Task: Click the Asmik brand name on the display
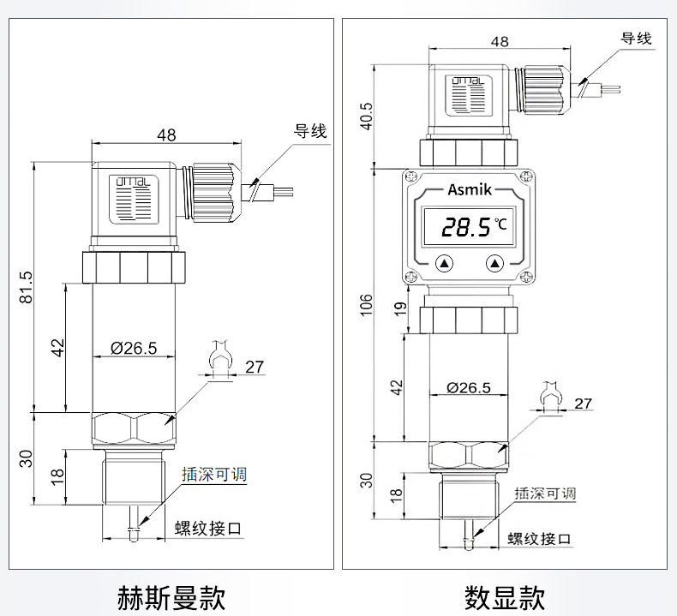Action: coord(468,189)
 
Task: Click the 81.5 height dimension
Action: coord(27,286)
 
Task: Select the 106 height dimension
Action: coord(367,303)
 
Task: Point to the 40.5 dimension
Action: coord(367,114)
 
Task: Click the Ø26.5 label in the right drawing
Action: coord(469,387)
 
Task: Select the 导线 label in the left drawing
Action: coord(310,132)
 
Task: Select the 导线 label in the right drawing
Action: coord(636,39)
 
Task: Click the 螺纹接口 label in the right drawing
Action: coord(539,539)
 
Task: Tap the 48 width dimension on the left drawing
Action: coord(166,135)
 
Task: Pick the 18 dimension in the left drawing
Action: coord(57,476)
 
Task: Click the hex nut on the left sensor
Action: coord(134,428)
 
